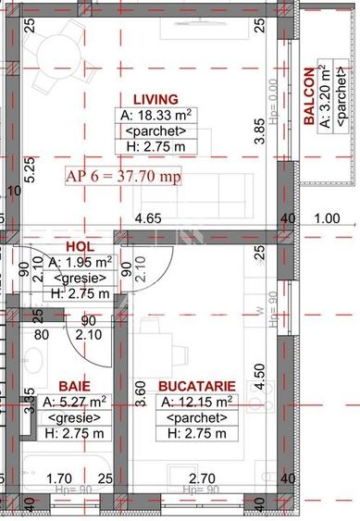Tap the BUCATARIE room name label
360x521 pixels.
(x=196, y=385)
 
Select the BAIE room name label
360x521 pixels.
(x=74, y=385)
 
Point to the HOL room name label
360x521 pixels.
(x=81, y=247)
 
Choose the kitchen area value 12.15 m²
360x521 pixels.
(x=197, y=402)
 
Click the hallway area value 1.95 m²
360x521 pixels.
(x=81, y=264)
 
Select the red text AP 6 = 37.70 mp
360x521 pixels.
(x=123, y=176)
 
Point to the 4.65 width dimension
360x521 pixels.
(x=148, y=219)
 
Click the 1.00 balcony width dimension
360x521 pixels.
(x=327, y=219)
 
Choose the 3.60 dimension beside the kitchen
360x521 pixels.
(x=141, y=396)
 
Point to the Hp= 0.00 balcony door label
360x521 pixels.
(x=273, y=97)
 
